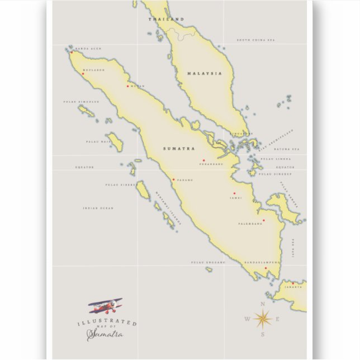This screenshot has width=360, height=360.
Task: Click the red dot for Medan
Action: coord(128,86)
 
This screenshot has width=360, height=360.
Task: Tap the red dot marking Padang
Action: coord(173,179)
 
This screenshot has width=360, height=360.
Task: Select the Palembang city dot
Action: coord(263,220)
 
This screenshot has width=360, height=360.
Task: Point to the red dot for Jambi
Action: coord(234,193)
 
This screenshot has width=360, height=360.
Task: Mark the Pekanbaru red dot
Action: coord(203,160)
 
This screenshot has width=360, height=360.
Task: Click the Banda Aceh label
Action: coord(88,49)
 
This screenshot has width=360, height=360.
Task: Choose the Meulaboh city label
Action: coord(93,70)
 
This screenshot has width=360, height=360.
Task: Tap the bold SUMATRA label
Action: coord(179,149)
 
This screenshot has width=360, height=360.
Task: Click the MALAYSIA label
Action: coord(205,73)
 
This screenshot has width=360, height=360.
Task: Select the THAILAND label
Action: coord(166,20)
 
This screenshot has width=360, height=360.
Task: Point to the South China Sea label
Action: coord(256,40)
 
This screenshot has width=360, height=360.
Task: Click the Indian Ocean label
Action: coord(98,208)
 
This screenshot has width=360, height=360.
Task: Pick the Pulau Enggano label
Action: coord(209,262)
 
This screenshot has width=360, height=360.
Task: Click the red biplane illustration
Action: coord(106,306)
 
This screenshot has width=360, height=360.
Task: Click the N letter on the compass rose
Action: coord(262,304)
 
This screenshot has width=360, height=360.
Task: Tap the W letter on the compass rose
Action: coord(247,320)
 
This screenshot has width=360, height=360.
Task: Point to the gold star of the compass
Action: coord(262,319)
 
